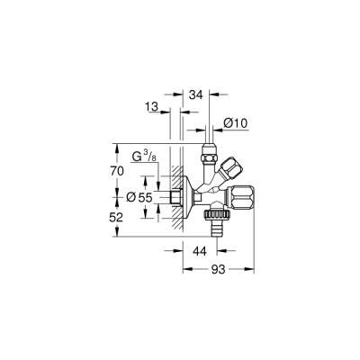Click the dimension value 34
pyautogui.click(x=197, y=91)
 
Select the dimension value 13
pyautogui.click(x=153, y=108)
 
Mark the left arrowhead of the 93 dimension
pyautogui.click(x=179, y=268)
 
